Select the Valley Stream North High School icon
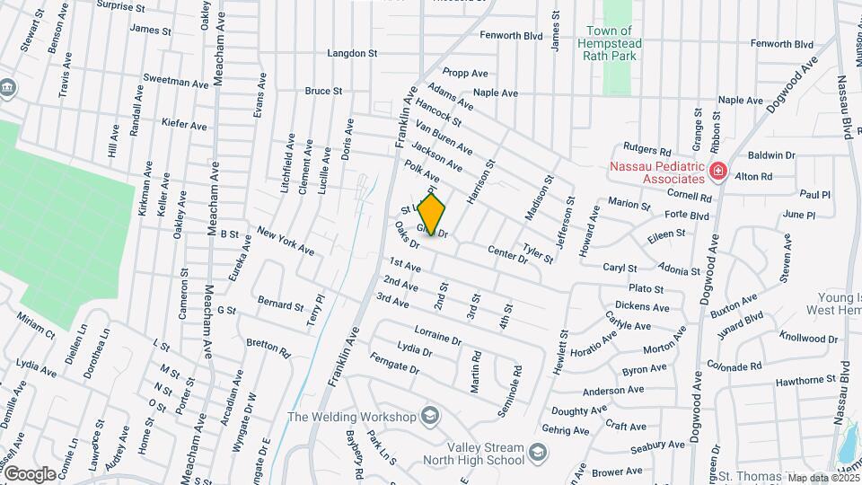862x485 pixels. [x=538, y=451]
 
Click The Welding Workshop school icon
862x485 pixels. [x=430, y=416]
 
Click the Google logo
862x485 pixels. [x=30, y=473]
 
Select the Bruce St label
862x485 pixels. [x=324, y=91]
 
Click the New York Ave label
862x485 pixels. [x=285, y=240]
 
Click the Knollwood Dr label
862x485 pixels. [x=808, y=339]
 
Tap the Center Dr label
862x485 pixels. [x=507, y=254]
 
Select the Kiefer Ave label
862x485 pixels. [x=185, y=122]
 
